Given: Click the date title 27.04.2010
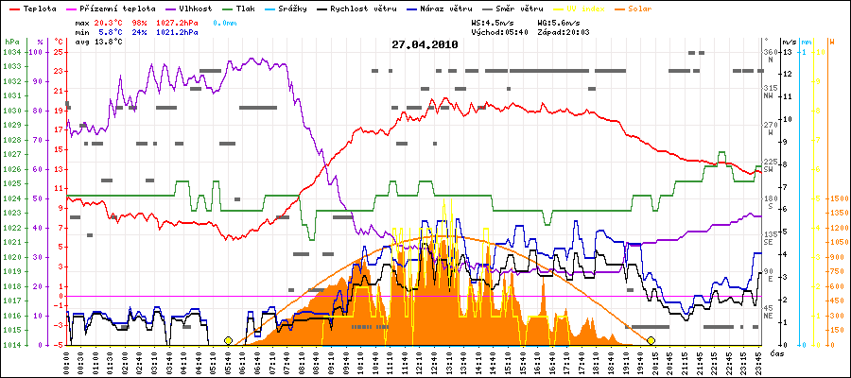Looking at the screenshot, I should click(x=425, y=44).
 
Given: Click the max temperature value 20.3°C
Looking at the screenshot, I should click(x=111, y=20).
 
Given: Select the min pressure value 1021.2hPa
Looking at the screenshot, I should click(x=178, y=31).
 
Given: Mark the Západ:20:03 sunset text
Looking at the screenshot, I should click(x=564, y=31).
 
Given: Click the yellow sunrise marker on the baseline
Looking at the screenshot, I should click(x=228, y=340).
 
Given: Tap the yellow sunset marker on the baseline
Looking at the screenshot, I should click(x=651, y=340).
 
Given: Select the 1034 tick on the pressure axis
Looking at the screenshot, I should click(x=11, y=52).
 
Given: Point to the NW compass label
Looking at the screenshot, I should click(x=771, y=94).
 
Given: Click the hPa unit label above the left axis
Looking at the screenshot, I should click(x=10, y=43).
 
